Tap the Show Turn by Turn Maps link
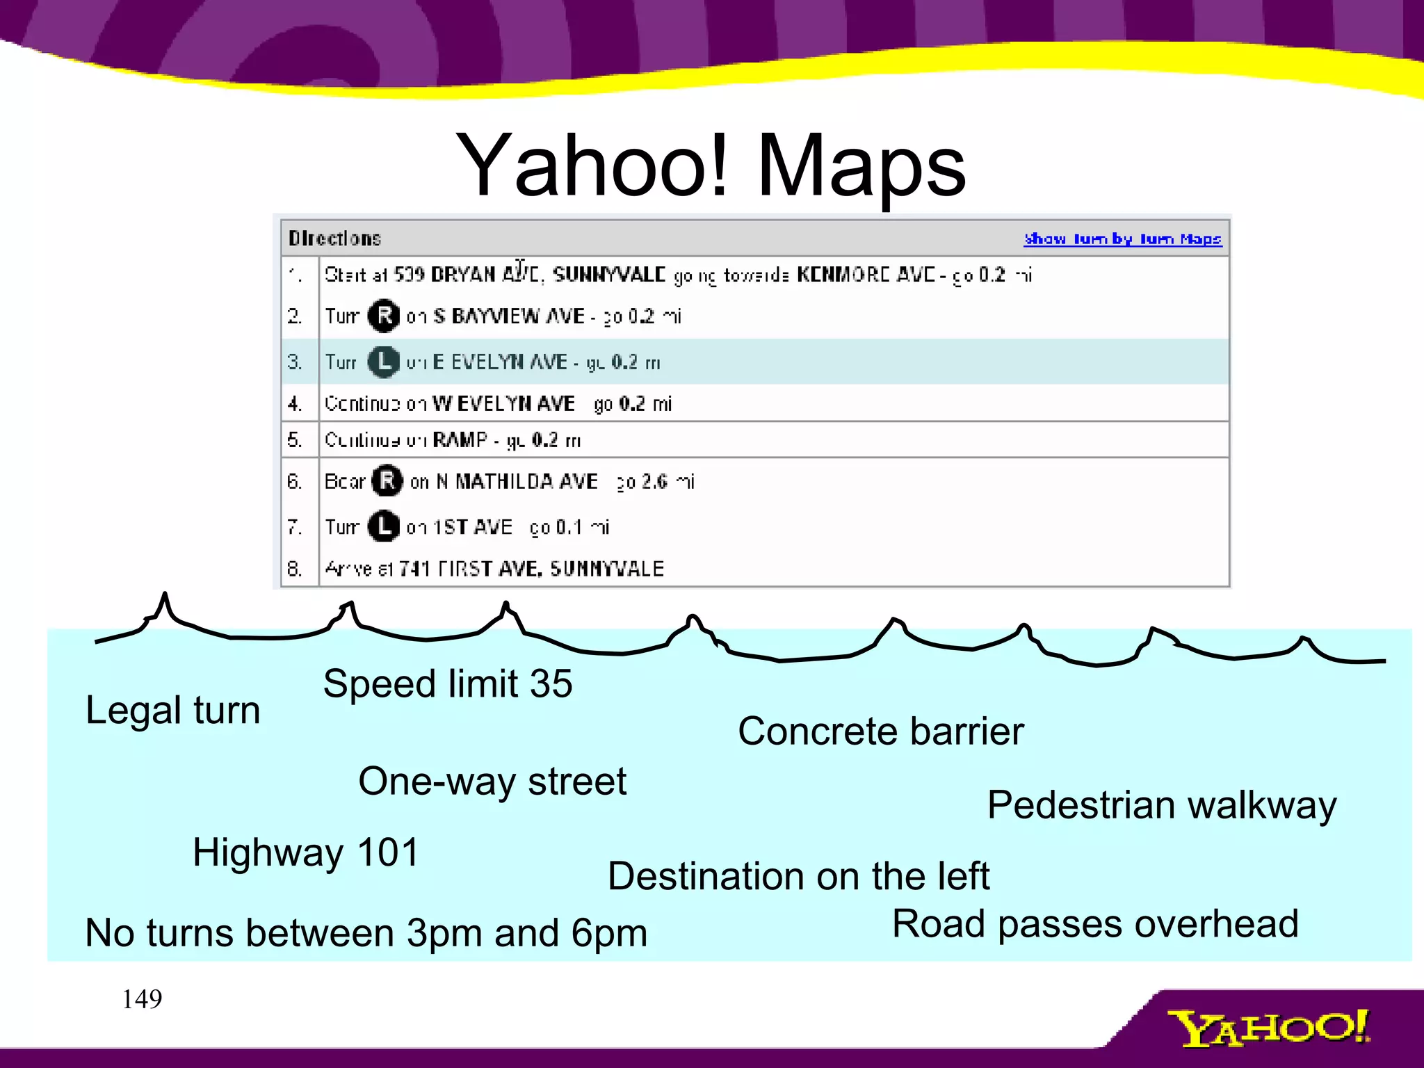click(x=1122, y=238)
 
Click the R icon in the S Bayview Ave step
click(x=384, y=316)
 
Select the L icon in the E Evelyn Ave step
click(x=383, y=362)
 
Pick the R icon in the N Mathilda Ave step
click(x=387, y=480)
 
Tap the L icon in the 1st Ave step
click(x=383, y=526)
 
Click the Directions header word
click(x=334, y=238)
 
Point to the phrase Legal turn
click(x=172, y=710)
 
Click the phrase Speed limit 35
click(x=448, y=683)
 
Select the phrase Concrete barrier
click(x=881, y=731)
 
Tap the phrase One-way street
click(x=492, y=781)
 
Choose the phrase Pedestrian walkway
click(x=1162, y=805)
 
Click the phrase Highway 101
click(x=306, y=852)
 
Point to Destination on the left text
click(x=798, y=875)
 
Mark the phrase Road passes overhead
click(x=1095, y=923)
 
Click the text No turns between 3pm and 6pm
click(x=366, y=932)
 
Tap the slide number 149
click(x=142, y=999)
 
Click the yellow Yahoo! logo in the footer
click(x=1268, y=1028)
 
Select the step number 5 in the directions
click(x=294, y=439)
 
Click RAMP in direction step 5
click(x=460, y=439)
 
